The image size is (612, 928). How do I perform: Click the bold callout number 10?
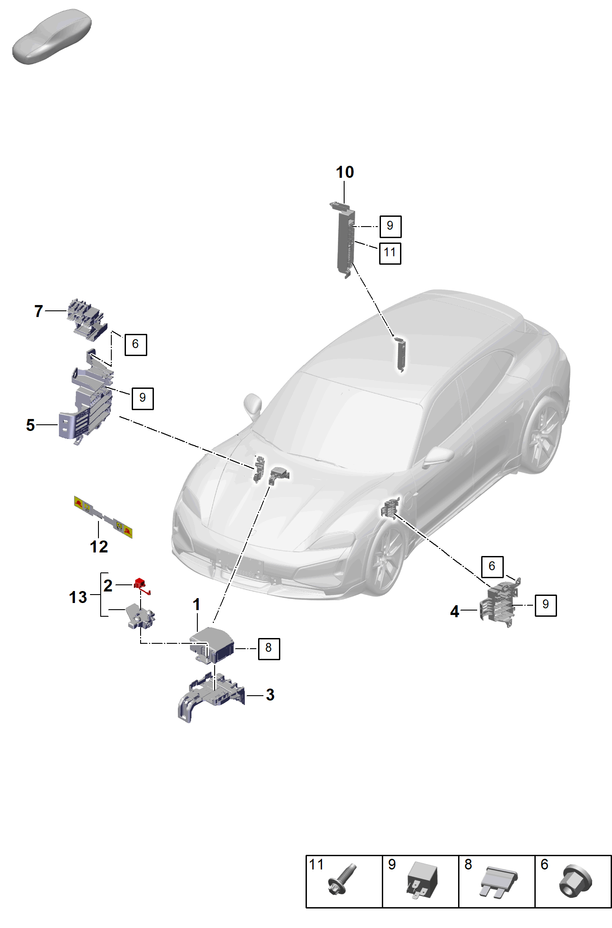(x=345, y=172)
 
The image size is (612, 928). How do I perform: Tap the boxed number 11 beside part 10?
(x=390, y=253)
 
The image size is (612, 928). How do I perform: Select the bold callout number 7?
(x=39, y=311)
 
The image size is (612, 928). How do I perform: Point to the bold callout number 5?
(x=30, y=425)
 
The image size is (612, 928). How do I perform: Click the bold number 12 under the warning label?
(x=99, y=547)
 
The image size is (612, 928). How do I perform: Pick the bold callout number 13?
(x=78, y=597)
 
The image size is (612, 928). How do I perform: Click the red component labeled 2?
(x=141, y=585)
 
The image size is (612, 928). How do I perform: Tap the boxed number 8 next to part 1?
(x=269, y=648)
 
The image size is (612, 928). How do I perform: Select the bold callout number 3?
(x=270, y=695)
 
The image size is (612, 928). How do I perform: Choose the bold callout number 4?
(x=455, y=612)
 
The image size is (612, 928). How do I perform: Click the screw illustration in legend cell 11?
(x=342, y=880)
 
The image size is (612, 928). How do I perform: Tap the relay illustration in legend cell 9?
(x=422, y=880)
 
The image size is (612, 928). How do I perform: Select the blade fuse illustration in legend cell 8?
(x=498, y=882)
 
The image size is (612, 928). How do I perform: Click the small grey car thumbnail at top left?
(x=52, y=36)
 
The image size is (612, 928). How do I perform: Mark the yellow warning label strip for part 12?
(x=103, y=517)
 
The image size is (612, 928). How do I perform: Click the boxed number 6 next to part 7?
(x=136, y=345)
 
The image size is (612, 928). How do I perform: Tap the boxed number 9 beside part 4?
(x=545, y=605)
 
